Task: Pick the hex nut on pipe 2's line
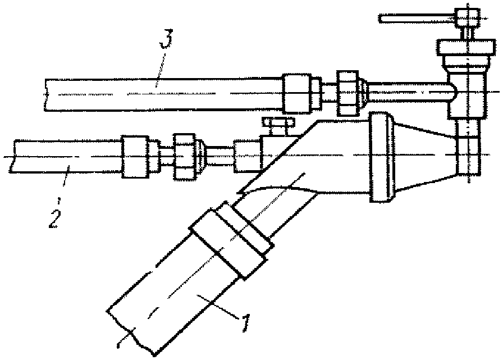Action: click(x=185, y=156)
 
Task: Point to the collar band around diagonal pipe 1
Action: click(x=231, y=243)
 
